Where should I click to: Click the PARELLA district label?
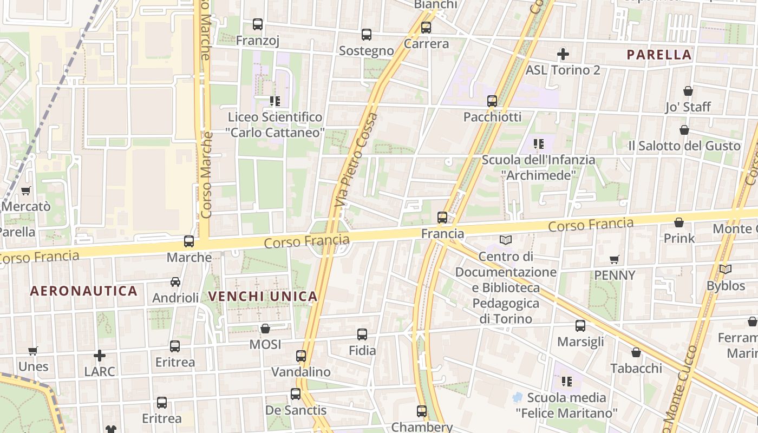659,55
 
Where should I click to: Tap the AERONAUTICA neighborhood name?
84,291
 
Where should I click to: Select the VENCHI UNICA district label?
263,296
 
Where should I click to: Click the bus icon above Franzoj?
258,24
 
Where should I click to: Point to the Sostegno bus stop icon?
367,35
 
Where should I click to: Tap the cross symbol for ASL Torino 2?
563,54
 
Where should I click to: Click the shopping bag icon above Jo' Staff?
688,91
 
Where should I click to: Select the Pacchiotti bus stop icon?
492,101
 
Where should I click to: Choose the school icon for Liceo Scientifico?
275,101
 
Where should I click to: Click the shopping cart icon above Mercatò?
25,191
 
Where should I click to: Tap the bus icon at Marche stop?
189,241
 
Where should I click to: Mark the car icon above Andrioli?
175,282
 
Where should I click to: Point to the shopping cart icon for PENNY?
614,259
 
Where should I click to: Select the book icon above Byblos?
726,269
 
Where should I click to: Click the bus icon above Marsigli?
580,326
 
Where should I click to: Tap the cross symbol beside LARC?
100,356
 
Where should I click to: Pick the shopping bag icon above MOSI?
265,329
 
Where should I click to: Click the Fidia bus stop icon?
362,334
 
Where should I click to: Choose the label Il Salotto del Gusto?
684,146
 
